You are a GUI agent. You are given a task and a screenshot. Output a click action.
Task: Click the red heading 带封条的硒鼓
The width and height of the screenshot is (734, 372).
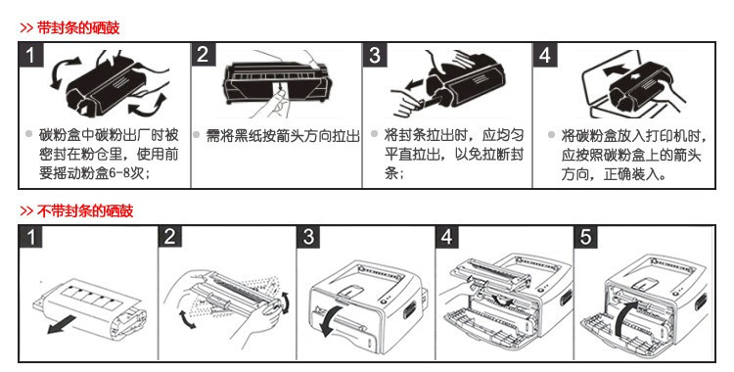[78, 28]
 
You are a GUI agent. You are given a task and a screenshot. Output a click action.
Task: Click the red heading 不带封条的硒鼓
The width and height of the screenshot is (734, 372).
[85, 210]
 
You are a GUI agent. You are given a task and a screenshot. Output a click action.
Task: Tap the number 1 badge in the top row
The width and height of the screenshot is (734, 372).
[31, 55]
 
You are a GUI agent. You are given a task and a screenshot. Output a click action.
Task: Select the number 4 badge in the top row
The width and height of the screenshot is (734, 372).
[545, 55]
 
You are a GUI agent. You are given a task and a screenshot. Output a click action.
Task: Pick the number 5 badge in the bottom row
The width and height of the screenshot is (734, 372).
[585, 237]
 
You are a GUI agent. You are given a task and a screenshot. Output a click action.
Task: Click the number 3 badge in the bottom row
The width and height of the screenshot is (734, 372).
[308, 237]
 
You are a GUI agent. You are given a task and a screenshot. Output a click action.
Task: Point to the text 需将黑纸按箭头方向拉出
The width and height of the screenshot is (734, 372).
[283, 136]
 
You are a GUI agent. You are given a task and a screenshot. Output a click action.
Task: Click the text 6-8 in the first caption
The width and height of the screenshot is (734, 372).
[119, 173]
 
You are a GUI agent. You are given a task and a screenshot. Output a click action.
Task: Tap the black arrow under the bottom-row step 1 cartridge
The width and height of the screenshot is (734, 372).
[62, 324]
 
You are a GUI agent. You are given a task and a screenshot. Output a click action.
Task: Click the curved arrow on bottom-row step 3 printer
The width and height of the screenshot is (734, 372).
[326, 321]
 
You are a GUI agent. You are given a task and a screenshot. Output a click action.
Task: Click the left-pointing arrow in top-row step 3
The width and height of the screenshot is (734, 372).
[414, 86]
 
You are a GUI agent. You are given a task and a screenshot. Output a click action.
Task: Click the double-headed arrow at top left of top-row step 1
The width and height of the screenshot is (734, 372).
[62, 71]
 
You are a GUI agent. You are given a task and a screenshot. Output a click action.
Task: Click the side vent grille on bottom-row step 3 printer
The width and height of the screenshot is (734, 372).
[409, 308]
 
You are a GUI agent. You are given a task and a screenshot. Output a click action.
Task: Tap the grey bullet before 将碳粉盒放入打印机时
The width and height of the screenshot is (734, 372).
[551, 135]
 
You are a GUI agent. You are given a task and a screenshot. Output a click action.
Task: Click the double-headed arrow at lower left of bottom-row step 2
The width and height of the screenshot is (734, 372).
[187, 318]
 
